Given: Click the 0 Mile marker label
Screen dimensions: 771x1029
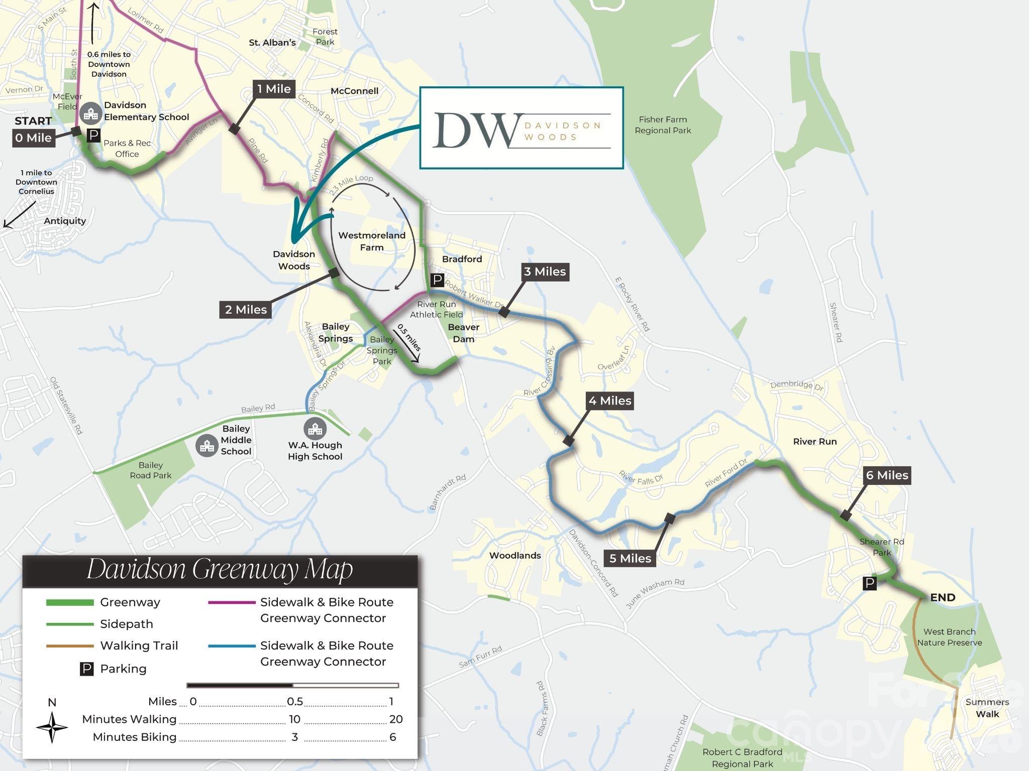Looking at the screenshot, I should pos(33,138).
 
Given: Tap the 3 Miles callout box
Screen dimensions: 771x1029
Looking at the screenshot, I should pos(545,272).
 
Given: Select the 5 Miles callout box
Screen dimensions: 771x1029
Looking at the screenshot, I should pos(630,558).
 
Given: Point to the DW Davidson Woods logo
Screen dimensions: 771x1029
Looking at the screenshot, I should pos(521,128).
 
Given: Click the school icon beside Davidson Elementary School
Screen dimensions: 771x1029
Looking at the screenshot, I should pos(91,113).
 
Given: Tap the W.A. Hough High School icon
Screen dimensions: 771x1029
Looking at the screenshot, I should pos(315,429).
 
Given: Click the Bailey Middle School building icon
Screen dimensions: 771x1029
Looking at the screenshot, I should pos(207,445).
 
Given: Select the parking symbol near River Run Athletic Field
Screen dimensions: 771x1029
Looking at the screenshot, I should pos(437,280).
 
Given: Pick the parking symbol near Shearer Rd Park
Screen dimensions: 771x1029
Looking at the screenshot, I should pos(869,583).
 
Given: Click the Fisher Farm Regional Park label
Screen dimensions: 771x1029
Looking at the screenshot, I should pos(662,125).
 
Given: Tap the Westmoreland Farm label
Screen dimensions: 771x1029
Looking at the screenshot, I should pos(372,241).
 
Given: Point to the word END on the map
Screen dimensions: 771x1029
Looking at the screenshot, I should pos(943,597).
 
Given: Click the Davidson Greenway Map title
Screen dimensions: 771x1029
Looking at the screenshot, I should pos(220,569).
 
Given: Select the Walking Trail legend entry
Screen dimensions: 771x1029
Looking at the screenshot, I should pos(139,646).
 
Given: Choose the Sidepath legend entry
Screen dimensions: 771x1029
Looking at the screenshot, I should pos(126,624).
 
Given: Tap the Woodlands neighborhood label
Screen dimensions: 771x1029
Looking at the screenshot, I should pos(515,555).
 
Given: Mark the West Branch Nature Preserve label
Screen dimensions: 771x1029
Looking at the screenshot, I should pos(949,637).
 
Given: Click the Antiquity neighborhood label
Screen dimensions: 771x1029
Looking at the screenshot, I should pos(65,221).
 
